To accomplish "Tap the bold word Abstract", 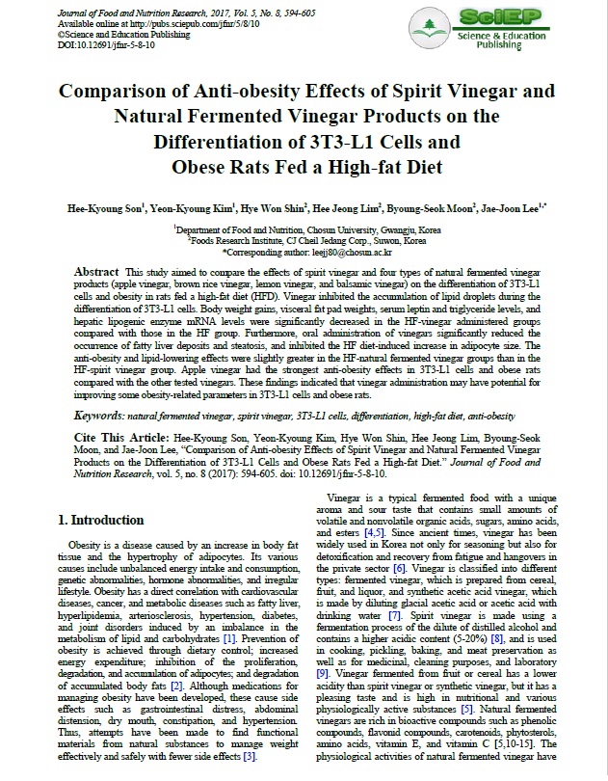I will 96,274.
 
